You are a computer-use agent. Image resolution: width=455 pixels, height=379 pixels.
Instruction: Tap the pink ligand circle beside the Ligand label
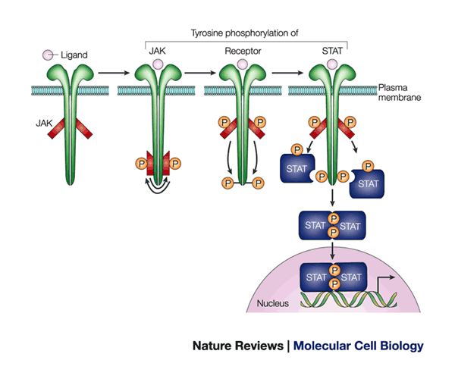pos(47,55)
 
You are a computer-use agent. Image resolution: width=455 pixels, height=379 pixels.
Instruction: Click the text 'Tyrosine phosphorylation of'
pos(246,33)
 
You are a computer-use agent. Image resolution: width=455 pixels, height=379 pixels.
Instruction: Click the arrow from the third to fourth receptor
pos(285,73)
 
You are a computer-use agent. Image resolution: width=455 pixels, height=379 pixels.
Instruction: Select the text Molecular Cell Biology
pos(359,346)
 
